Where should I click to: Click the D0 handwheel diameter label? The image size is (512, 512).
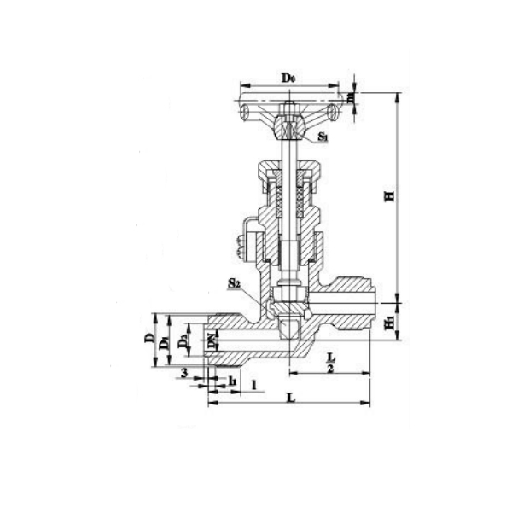tap(288, 78)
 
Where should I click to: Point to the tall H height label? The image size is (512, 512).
tap(390, 196)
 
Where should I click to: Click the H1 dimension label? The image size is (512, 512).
tap(390, 323)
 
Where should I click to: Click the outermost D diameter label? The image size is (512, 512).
tap(149, 340)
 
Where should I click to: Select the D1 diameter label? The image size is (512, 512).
tap(165, 341)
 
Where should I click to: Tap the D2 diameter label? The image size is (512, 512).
tap(183, 342)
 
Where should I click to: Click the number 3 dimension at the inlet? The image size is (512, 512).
tap(183, 374)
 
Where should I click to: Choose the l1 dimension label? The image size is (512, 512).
tap(233, 378)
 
